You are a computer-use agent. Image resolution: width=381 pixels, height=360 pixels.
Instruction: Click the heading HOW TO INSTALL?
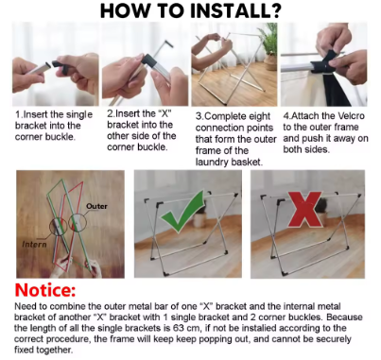tap(190, 10)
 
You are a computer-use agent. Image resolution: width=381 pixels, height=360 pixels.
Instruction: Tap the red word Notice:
tap(45, 290)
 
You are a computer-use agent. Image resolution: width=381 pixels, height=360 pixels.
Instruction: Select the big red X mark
tap(305, 210)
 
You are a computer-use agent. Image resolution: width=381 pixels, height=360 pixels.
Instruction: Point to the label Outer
tap(96, 206)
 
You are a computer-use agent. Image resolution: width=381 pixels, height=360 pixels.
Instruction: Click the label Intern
tap(34, 245)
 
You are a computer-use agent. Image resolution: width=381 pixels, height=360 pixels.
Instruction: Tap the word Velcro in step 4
tap(351, 116)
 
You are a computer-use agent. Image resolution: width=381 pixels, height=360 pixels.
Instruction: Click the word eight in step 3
tap(259, 116)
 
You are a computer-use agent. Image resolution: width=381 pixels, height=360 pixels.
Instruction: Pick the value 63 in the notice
tap(179, 328)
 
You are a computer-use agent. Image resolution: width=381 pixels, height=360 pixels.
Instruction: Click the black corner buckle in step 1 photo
tap(61, 66)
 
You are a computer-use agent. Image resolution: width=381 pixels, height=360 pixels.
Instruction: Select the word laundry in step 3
tap(212, 163)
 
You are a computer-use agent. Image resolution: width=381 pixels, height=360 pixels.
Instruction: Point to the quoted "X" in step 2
tap(164, 113)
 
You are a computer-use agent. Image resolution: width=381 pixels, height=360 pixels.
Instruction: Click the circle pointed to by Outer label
tap(78, 223)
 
